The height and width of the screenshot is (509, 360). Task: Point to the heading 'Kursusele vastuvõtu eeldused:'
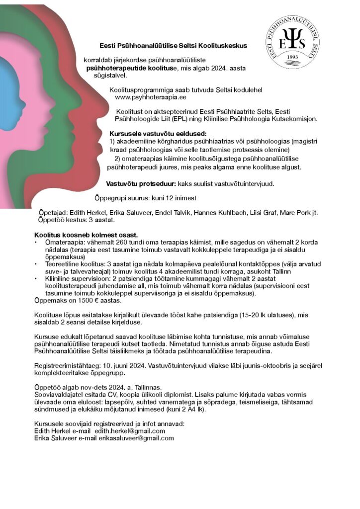(158, 134)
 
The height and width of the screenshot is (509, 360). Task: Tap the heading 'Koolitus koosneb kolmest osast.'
(86, 234)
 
